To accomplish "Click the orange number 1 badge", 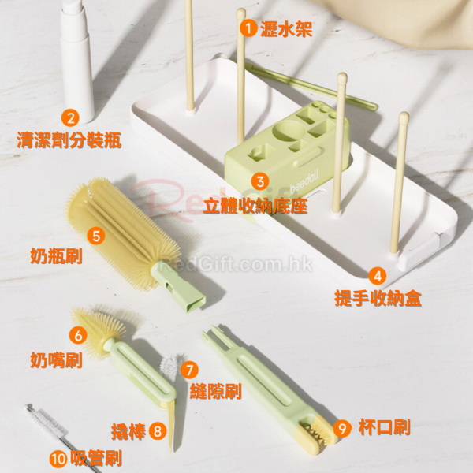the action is click(x=248, y=28).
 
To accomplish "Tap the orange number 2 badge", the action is click(x=71, y=118).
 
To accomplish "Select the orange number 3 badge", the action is click(x=260, y=181).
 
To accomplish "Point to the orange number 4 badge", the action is click(x=378, y=276).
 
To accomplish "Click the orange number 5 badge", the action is click(x=96, y=236).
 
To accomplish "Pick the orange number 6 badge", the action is click(x=78, y=336).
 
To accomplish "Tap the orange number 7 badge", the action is click(x=190, y=370).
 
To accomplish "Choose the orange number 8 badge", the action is click(x=158, y=430).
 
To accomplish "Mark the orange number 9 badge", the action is click(x=342, y=428).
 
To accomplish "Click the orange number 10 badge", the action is click(x=58, y=460).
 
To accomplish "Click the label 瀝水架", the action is click(x=286, y=29).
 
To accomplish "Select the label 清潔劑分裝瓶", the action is click(x=69, y=140).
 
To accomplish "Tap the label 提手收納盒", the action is click(x=378, y=298).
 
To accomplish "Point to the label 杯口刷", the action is click(x=385, y=427).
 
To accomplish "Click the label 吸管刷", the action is click(x=96, y=458).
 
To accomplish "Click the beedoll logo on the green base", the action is click(x=304, y=181).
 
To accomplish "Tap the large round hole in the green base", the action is click(x=288, y=130).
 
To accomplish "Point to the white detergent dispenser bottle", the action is click(x=76, y=61).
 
